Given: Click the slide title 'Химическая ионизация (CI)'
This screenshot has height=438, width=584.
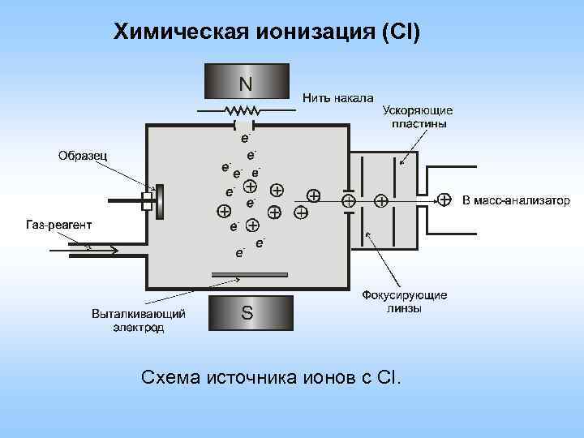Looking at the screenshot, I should click(267, 32).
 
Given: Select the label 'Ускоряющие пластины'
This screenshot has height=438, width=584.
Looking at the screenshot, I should click(417, 117).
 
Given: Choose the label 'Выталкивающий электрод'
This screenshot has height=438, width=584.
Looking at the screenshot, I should click(139, 320).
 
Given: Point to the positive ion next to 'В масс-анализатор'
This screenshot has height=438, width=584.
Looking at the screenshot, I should click(444, 200).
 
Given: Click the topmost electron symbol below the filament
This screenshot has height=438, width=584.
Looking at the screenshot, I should click(244, 138).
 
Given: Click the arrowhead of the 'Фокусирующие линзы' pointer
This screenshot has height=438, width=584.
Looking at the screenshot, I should click(368, 234).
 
